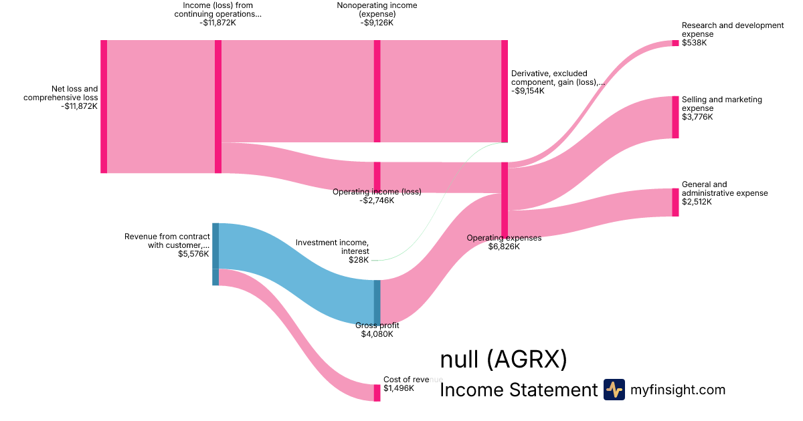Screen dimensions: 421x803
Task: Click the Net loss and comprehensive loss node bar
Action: point(104,106)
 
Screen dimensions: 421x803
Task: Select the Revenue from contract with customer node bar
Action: point(215,254)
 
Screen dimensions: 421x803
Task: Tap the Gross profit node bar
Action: point(377,302)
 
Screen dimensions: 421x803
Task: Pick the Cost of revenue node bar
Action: point(377,392)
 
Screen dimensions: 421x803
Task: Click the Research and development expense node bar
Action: point(675,43)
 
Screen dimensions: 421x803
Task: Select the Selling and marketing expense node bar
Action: point(675,117)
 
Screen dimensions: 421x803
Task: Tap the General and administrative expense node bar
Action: point(675,202)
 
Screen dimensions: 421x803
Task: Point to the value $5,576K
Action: point(193,254)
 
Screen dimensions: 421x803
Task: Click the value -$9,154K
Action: point(528,91)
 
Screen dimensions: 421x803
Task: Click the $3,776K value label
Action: point(697,117)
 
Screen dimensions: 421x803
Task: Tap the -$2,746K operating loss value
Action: point(377,200)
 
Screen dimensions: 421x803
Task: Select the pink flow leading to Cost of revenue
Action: point(301,334)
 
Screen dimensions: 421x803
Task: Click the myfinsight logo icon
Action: point(614,390)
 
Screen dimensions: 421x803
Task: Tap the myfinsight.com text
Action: point(678,390)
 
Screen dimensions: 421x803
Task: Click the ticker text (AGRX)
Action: point(527,360)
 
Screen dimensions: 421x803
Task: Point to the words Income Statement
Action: point(518,390)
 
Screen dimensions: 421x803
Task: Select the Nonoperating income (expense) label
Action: point(377,9)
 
